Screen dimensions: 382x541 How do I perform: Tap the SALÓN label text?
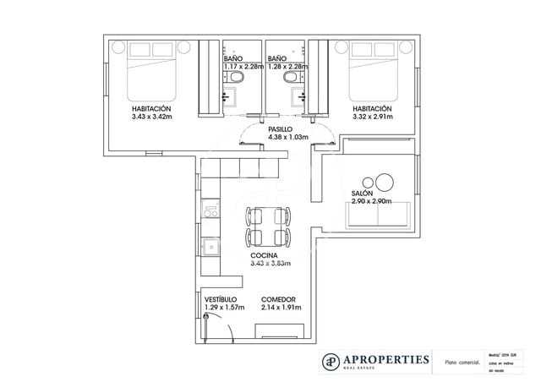(x=363, y=194)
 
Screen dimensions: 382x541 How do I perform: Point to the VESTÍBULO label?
(x=221, y=299)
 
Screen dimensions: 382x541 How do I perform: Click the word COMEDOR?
(x=278, y=299)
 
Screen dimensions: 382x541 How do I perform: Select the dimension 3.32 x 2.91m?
(x=372, y=117)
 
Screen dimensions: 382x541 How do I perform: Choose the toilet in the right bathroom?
(x=292, y=79)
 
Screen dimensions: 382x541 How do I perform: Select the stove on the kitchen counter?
(x=210, y=211)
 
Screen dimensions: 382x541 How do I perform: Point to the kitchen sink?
(x=210, y=248)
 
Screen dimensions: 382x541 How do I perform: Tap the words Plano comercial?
(x=456, y=361)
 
